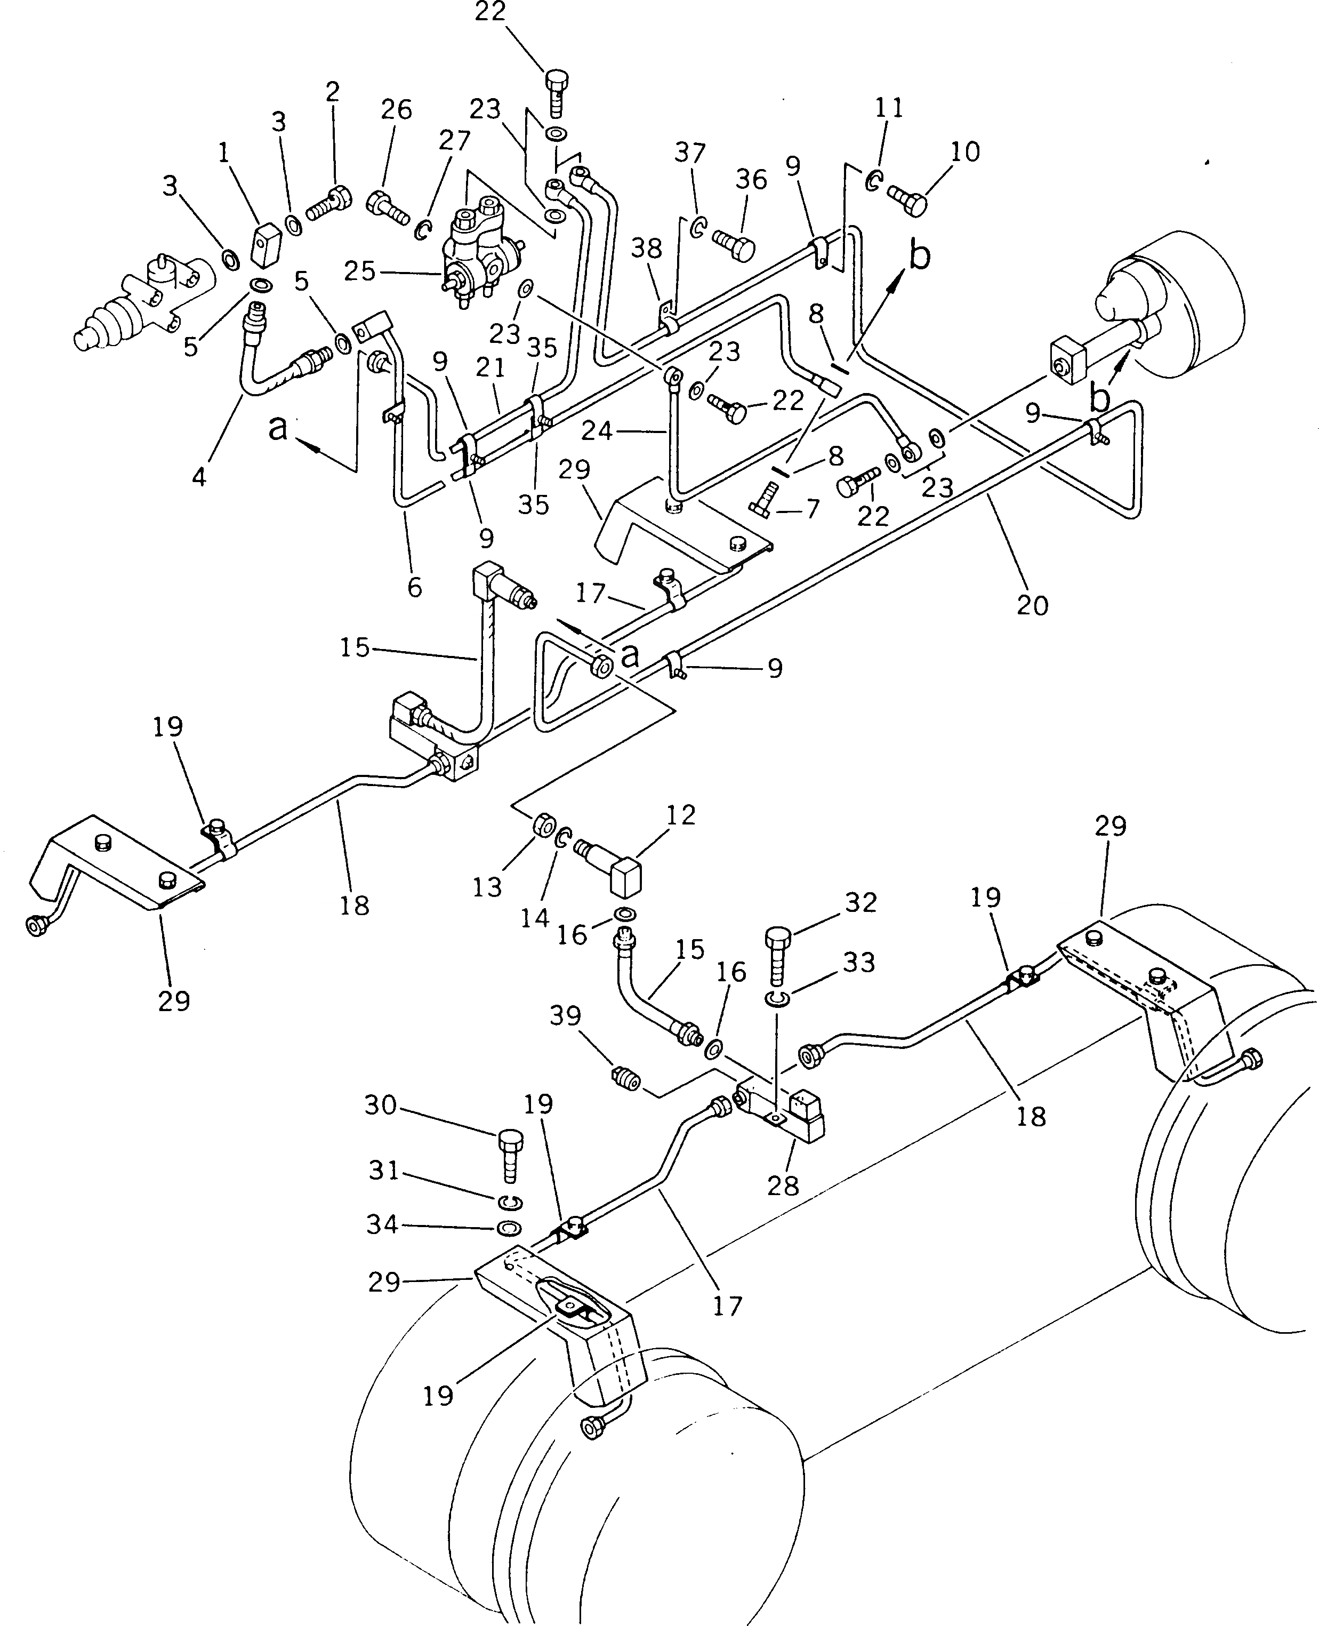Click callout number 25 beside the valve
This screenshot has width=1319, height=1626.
point(359,271)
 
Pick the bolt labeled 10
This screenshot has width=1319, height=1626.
point(907,202)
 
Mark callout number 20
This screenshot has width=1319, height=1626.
point(1032,606)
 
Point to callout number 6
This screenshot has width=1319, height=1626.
point(414,587)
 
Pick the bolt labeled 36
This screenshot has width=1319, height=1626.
point(733,245)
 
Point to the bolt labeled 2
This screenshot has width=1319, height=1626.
point(331,204)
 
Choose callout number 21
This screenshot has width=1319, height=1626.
point(491,369)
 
